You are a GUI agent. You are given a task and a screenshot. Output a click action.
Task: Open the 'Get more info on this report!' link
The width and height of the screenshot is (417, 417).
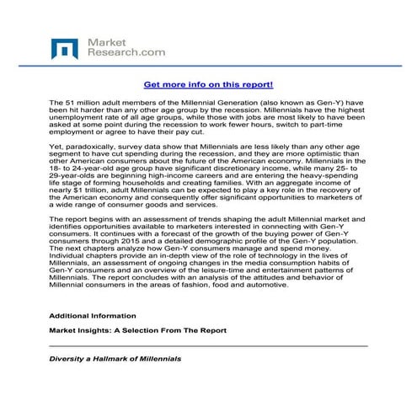pyautogui.click(x=208, y=85)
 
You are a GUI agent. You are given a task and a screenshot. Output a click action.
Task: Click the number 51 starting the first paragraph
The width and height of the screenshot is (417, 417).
pyautogui.click(x=70, y=101)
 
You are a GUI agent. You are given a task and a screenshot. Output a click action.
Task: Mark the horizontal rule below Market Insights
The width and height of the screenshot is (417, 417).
pyautogui.click(x=208, y=345)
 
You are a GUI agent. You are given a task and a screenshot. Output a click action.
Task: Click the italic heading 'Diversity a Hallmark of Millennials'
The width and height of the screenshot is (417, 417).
pyautogui.click(x=115, y=359)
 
